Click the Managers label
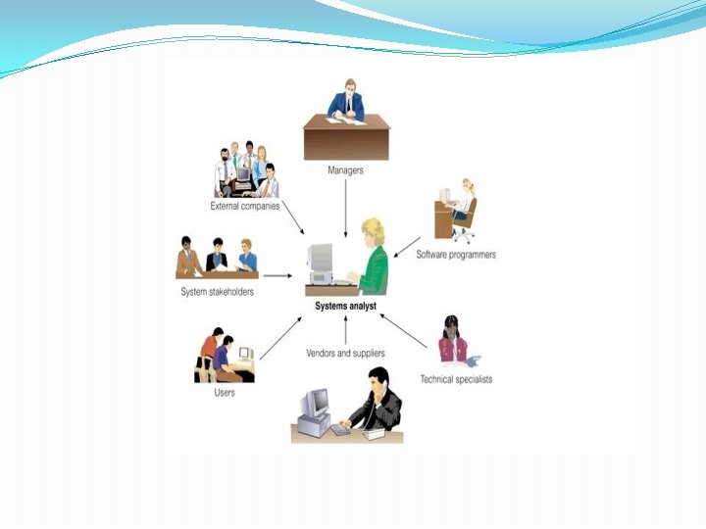(x=345, y=170)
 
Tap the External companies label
(x=244, y=207)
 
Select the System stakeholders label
(x=217, y=292)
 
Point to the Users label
(x=225, y=393)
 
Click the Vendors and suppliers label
(x=345, y=353)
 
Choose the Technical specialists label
(x=456, y=379)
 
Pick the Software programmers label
(x=456, y=255)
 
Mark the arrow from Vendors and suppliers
(x=345, y=331)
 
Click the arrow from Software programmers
(x=408, y=246)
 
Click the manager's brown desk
(x=345, y=138)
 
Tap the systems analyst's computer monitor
(x=320, y=259)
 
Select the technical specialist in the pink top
(x=452, y=343)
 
